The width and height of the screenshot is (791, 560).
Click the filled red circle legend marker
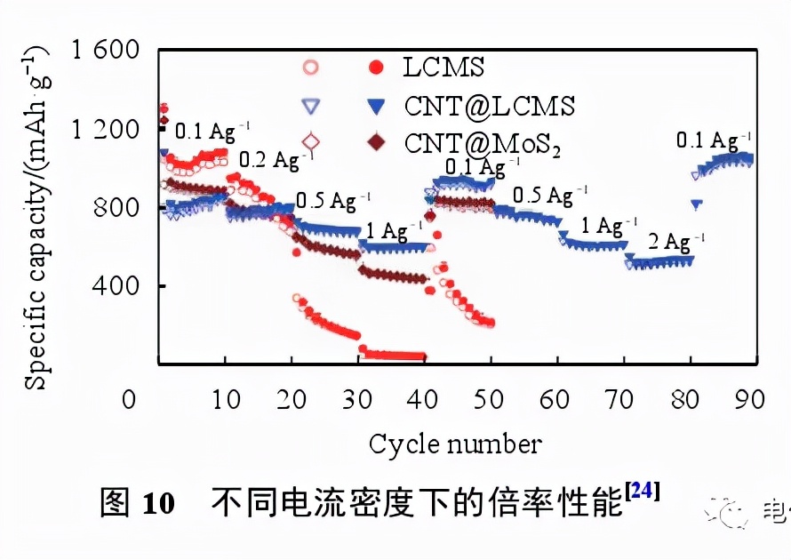(x=378, y=68)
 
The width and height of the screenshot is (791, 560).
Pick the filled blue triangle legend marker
(x=377, y=106)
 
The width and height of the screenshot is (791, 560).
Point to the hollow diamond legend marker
(x=310, y=141)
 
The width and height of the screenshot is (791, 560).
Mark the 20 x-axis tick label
(x=292, y=399)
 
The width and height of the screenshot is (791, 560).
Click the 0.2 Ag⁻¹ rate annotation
(x=272, y=160)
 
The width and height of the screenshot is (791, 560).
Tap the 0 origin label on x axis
(x=131, y=399)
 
